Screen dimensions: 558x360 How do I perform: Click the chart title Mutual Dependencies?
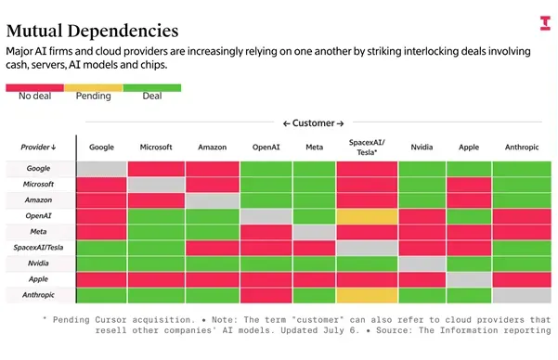pyautogui.click(x=92, y=31)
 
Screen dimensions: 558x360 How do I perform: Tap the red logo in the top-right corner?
pyautogui.click(x=545, y=23)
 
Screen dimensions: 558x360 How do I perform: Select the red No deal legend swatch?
pyautogui.click(x=35, y=88)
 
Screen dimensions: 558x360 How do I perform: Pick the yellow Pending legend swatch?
pyautogui.click(x=94, y=88)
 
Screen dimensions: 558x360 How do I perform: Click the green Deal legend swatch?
pyautogui.click(x=152, y=88)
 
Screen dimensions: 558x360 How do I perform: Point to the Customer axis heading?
pyautogui.click(x=314, y=123)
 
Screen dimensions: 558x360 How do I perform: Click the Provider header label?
pyautogui.click(x=38, y=147)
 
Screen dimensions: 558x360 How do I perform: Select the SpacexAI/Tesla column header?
pyautogui.click(x=367, y=148)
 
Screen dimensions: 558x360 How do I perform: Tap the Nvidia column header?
pyautogui.click(x=422, y=147)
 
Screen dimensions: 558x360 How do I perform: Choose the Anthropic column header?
pyautogui.click(x=522, y=147)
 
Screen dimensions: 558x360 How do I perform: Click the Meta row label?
pyautogui.click(x=38, y=232)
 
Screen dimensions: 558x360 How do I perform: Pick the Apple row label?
pyautogui.click(x=38, y=279)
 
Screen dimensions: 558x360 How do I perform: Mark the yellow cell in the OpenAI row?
pyautogui.click(x=367, y=216)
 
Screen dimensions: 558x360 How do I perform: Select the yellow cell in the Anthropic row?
pyautogui.click(x=367, y=296)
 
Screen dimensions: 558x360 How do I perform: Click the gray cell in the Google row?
pyautogui.click(x=102, y=169)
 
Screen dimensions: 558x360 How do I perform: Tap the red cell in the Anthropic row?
pyautogui.click(x=266, y=296)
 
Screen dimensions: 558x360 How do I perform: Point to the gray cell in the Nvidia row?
pyautogui.click(x=422, y=264)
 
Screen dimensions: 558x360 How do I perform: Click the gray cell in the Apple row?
pyautogui.click(x=469, y=280)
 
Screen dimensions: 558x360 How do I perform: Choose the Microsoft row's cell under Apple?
pyautogui.click(x=469, y=185)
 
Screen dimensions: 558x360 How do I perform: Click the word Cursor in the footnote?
pyautogui.click(x=110, y=320)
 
